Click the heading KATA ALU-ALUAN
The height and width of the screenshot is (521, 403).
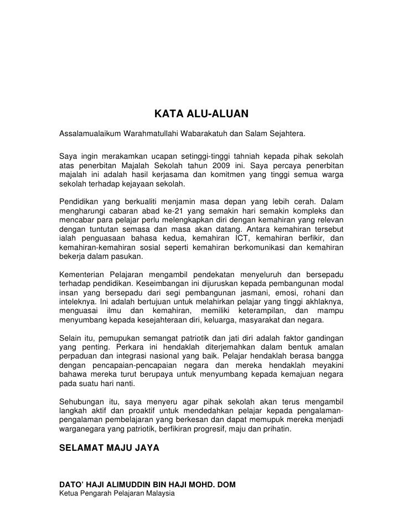201,114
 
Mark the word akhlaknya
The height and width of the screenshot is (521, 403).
323,305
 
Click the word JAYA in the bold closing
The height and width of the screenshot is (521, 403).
146,450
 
